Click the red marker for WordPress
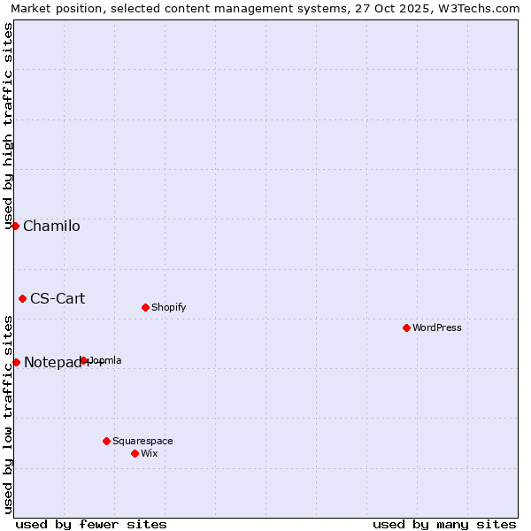tap(406, 327)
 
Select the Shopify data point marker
tap(145, 307)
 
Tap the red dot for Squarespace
tap(106, 441)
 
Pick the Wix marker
tap(135, 453)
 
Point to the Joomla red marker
tap(84, 360)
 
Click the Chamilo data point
tap(15, 226)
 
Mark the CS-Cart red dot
tap(22, 298)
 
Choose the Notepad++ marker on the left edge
tap(16, 362)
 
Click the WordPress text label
tap(437, 327)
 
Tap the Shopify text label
tap(168, 307)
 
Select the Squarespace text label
tap(142, 441)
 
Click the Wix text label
tap(149, 453)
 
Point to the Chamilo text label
tap(51, 226)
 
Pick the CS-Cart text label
tap(58, 298)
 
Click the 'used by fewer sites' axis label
tap(91, 524)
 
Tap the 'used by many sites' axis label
tap(444, 524)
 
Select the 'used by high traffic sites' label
tap(8, 126)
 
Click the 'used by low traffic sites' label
tap(8, 414)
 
